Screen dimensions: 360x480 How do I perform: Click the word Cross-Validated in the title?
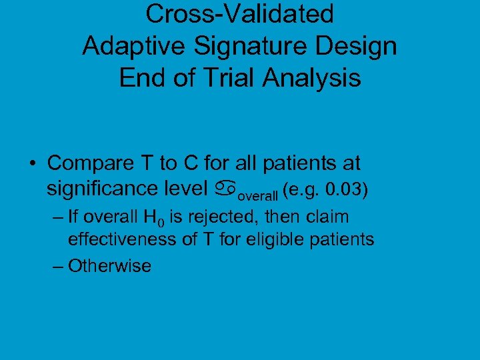240,13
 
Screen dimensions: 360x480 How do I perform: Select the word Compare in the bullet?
87,163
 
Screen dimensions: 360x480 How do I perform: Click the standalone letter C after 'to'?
187,163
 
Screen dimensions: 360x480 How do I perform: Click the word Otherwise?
109,266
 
